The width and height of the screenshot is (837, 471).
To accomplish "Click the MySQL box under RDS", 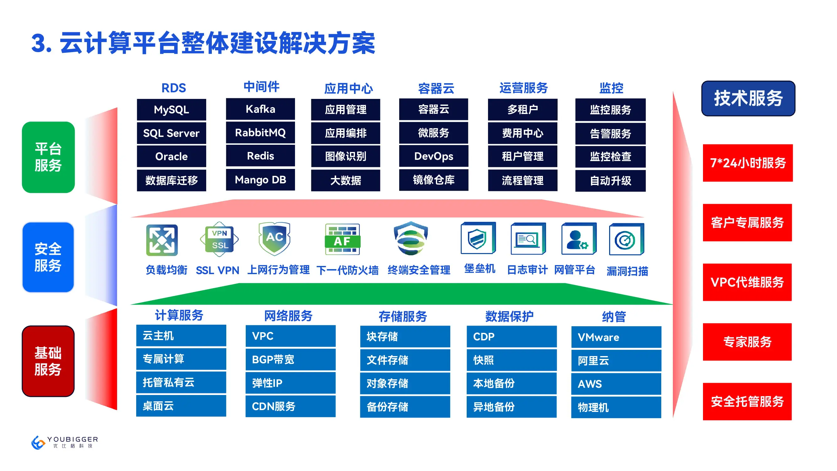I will click(x=171, y=110).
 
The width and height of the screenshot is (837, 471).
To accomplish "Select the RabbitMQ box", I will click(x=260, y=133).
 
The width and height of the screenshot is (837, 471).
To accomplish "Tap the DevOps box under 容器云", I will click(x=433, y=156).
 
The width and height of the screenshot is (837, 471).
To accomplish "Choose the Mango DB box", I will click(x=260, y=180).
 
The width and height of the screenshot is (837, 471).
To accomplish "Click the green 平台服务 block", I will click(x=48, y=157).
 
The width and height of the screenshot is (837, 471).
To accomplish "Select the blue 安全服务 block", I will click(x=48, y=257).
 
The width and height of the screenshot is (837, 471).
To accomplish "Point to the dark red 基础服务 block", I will click(x=48, y=361).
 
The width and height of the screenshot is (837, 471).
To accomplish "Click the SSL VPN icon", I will click(x=220, y=239).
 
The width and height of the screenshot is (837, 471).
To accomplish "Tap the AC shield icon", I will click(x=274, y=239).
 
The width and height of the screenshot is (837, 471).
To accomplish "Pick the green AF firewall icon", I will click(x=342, y=239).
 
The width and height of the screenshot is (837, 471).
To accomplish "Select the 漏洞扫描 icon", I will click(x=626, y=240).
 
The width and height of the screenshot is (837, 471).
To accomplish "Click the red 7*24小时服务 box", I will click(x=748, y=163).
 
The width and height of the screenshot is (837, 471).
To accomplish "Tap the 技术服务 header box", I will click(x=748, y=99).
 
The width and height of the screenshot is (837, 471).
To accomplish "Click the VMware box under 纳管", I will click(x=616, y=337).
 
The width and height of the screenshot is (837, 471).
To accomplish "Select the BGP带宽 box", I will click(x=290, y=360).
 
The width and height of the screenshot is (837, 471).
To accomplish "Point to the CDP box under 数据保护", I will click(x=512, y=337).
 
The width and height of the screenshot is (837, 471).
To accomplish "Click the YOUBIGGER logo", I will click(x=64, y=442).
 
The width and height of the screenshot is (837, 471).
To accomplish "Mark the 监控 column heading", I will click(x=611, y=88).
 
